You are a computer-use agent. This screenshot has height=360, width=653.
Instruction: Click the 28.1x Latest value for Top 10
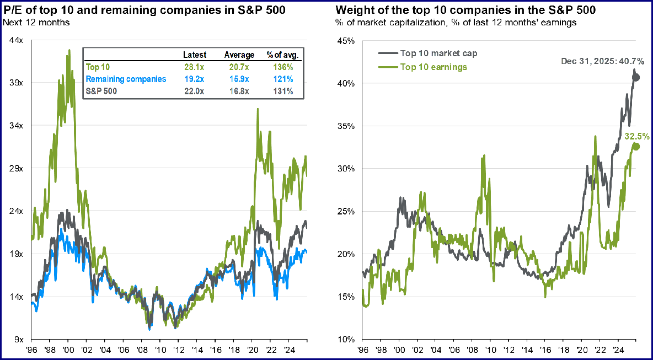[x=195, y=66]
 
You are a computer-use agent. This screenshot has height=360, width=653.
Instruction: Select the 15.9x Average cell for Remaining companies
[x=239, y=79]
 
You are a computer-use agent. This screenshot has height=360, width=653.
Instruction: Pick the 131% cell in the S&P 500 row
[x=284, y=92]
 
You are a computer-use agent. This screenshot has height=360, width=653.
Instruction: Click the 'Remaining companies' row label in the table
[x=126, y=79]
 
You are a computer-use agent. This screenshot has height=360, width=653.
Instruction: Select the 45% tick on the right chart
[x=346, y=40]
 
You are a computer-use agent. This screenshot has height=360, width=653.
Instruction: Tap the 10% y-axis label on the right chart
[x=346, y=340]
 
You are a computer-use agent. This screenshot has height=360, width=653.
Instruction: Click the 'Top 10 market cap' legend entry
[x=438, y=53]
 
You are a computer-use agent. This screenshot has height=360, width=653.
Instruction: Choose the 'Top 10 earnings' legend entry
[x=433, y=67]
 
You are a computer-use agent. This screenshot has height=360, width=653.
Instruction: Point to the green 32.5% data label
[x=636, y=136]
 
